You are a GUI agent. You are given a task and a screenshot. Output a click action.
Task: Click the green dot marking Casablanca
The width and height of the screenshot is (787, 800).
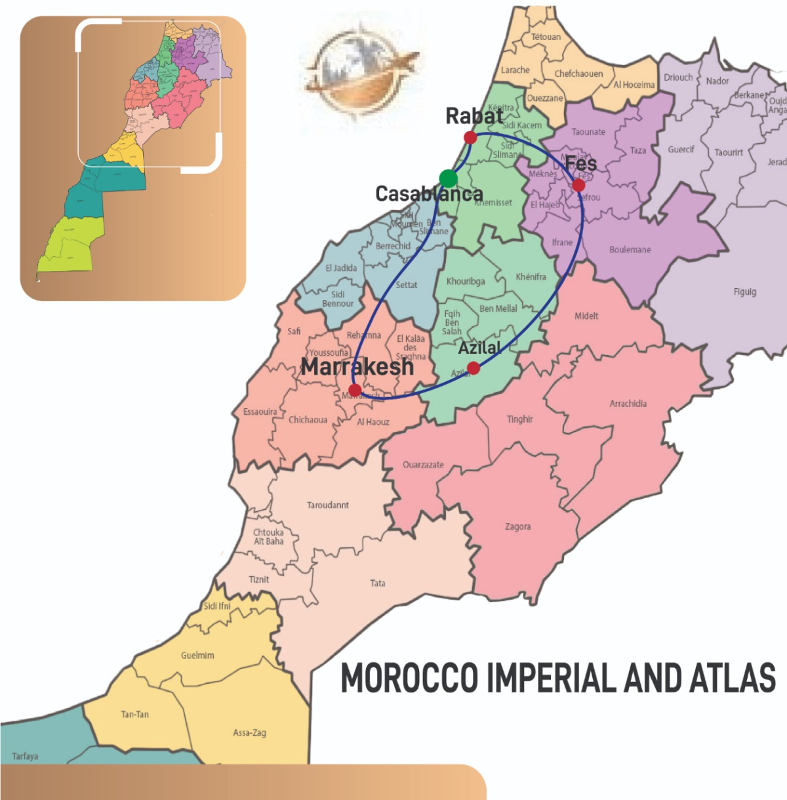tap(448, 179)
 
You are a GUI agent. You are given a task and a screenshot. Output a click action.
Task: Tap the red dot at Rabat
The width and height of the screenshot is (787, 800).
tap(470, 137)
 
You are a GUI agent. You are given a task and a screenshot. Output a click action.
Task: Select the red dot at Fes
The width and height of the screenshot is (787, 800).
tap(578, 185)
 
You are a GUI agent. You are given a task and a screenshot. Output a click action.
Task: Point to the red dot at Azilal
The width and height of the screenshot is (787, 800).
tap(474, 368)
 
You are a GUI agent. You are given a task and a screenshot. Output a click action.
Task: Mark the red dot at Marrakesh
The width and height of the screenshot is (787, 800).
tap(355, 390)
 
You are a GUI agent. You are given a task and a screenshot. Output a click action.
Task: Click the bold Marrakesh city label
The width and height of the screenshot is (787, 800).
tap(357, 366)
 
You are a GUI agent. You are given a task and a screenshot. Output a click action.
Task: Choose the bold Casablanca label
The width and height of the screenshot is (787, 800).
tap(429, 194)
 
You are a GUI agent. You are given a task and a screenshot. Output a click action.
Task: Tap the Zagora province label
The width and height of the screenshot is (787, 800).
tap(517, 526)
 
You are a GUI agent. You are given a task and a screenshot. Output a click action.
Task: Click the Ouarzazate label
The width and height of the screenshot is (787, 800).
tap(423, 465)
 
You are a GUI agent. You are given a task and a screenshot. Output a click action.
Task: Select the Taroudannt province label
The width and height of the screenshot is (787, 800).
tap(327, 505)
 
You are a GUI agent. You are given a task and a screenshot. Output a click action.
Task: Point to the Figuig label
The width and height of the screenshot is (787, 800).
tap(745, 291)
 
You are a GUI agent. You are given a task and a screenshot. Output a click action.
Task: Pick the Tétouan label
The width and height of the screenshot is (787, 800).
tap(546, 37)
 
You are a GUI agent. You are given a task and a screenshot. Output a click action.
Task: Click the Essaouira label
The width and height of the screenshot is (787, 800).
tap(260, 412)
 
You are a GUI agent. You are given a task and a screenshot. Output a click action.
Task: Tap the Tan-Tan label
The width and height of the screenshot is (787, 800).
tap(134, 714)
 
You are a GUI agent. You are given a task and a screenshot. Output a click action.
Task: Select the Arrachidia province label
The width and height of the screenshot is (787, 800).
tap(628, 404)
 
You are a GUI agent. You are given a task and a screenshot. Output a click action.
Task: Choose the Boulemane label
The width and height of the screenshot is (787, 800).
tap(630, 250)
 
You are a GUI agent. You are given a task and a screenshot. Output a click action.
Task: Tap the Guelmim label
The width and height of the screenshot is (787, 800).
tap(197, 655)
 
